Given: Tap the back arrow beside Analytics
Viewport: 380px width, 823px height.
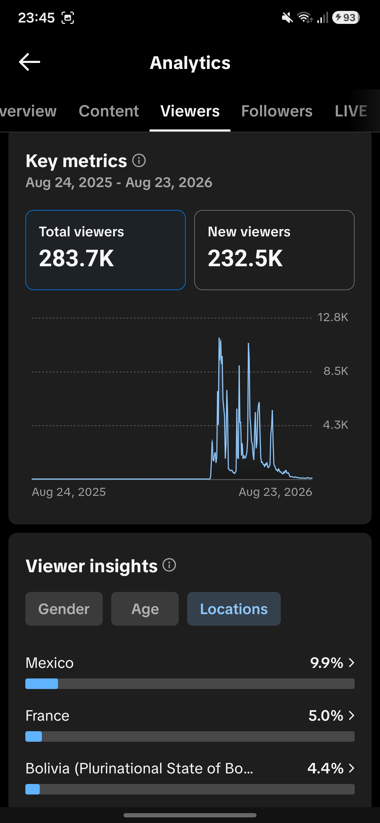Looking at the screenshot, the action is coord(30,62).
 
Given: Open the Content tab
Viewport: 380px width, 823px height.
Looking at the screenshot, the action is coord(109,111).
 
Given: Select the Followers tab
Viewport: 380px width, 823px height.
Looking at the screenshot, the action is coord(277,111).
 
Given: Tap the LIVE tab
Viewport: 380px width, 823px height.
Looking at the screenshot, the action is coord(351,111).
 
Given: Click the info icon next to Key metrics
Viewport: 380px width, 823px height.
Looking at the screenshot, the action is coord(139,160).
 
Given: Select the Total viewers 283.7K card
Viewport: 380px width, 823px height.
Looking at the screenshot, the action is coord(106,250).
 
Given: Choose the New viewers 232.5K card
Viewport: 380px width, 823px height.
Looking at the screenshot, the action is coord(274,250).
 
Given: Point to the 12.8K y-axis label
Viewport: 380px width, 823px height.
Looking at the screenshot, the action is coord(332,317).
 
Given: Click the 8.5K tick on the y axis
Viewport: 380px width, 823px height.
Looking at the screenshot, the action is coord(336,371).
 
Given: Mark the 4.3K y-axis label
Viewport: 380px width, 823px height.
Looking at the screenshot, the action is coord(335,425).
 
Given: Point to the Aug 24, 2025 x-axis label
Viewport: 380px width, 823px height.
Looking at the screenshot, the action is coord(69,492).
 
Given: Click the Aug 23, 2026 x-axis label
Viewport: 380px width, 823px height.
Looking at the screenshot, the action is coord(275,492).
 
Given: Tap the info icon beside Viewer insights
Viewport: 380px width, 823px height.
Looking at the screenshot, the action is coord(169,565).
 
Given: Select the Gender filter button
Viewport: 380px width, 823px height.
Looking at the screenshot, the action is coord(64,609).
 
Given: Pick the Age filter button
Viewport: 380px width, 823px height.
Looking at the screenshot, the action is coord(145,609).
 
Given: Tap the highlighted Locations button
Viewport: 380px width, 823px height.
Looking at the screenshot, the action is coord(234,609).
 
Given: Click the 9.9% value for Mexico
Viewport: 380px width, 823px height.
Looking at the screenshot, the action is coord(327,663).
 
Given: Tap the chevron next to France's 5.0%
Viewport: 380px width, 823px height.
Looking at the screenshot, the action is coord(351,715).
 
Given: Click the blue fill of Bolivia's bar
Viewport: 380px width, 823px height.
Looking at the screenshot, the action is coord(33,789).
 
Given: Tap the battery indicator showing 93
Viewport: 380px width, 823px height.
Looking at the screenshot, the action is coord(346,17).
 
